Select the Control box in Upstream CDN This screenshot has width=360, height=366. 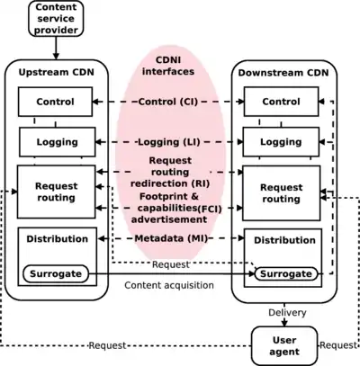click(x=57, y=102)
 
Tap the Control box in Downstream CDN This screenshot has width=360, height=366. click(x=281, y=102)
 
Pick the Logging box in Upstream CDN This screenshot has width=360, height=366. click(x=57, y=142)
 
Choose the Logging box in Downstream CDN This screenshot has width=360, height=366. click(x=281, y=142)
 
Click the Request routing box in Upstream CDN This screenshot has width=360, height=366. click(x=56, y=192)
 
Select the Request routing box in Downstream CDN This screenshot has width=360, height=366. click(x=281, y=192)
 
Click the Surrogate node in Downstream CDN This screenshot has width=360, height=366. click(x=285, y=273)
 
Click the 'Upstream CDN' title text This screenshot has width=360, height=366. click(x=56, y=70)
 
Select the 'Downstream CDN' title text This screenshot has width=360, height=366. click(x=281, y=70)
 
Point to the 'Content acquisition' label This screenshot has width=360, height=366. click(x=169, y=285)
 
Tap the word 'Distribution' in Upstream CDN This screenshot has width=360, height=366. click(x=57, y=239)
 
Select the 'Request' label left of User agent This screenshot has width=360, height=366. click(x=108, y=345)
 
